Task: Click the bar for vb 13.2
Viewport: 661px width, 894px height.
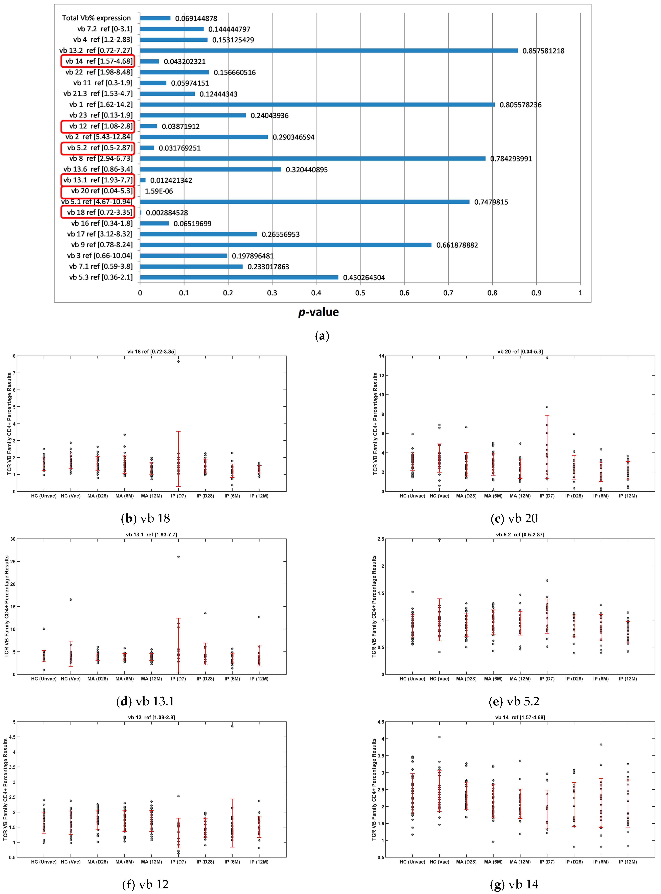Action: [328, 50]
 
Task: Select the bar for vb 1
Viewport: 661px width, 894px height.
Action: [317, 104]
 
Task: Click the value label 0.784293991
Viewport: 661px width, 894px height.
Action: [511, 159]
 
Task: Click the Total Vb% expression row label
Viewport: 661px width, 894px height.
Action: [96, 18]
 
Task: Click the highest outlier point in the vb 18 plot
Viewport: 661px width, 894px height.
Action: [179, 361]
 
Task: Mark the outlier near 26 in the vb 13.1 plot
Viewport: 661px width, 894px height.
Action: [179, 557]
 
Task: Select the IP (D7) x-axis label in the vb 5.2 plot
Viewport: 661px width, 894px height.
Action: [547, 679]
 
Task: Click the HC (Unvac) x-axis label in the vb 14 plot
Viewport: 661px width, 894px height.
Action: [412, 862]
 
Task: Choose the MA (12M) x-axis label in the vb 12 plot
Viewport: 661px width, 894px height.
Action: [151, 862]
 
